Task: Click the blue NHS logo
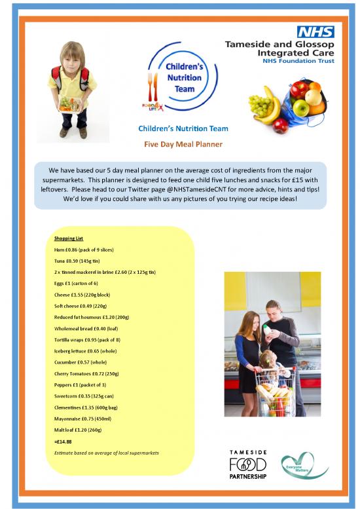pos(315,31)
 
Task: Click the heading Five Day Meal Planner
pos(183,143)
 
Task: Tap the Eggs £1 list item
pos(76,284)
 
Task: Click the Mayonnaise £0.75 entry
pos(82,419)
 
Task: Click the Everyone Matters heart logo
pos(303,466)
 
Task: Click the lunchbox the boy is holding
pos(70,103)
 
